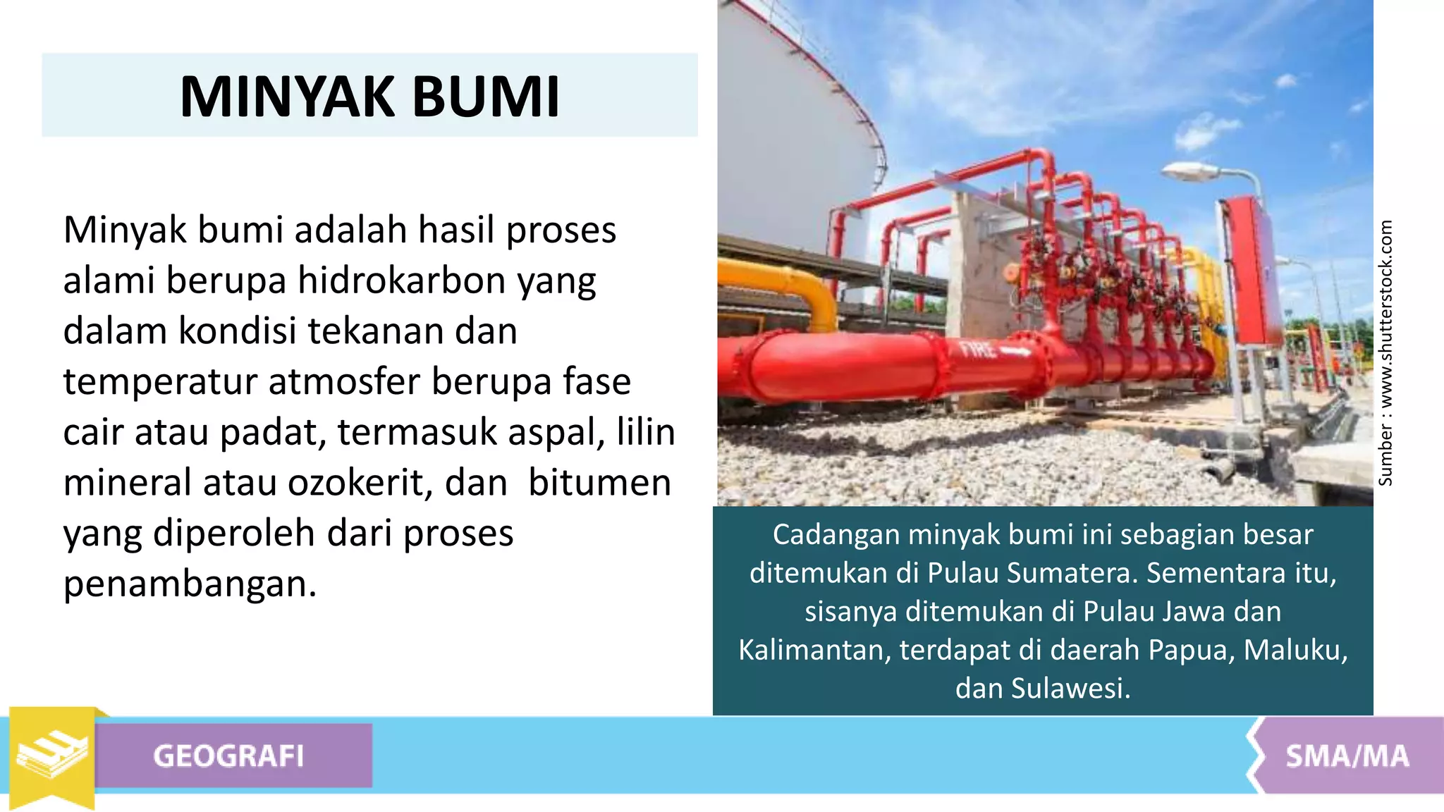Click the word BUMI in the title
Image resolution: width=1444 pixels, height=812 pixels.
486,97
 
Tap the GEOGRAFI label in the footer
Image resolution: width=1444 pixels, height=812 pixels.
228,756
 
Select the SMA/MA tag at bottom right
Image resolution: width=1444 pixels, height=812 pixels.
1347,756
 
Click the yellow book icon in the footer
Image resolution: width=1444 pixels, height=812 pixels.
52,755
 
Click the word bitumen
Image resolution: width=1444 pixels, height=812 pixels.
599,484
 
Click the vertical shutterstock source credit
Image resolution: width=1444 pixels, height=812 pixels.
1385,352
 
